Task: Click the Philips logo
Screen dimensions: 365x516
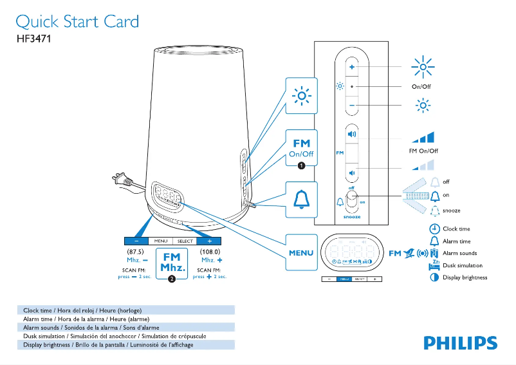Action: click(x=460, y=342)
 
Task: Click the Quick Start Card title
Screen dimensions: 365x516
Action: click(x=77, y=22)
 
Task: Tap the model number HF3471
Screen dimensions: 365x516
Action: click(x=33, y=39)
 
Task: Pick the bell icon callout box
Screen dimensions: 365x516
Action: click(x=301, y=200)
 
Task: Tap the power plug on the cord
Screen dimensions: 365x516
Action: click(x=119, y=180)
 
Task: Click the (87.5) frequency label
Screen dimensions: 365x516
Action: click(x=135, y=251)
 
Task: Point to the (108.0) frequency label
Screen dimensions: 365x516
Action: click(x=210, y=251)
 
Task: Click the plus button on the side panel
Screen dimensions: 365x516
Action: click(x=352, y=67)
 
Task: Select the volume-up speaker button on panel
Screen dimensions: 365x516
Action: click(x=352, y=135)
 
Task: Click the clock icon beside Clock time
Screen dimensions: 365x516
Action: click(x=435, y=229)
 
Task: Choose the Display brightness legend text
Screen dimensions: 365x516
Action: click(x=465, y=277)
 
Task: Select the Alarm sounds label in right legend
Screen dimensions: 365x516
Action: click(x=459, y=253)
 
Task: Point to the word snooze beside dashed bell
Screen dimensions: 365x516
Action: click(x=451, y=211)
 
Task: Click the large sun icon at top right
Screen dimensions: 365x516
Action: click(x=423, y=68)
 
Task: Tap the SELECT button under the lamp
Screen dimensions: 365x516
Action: click(x=185, y=241)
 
